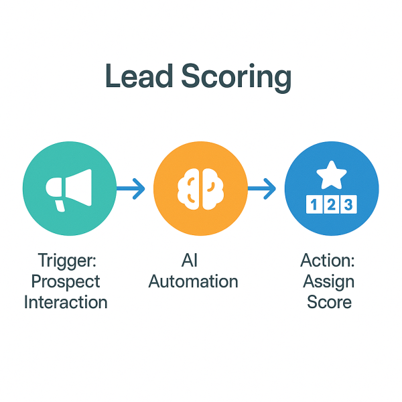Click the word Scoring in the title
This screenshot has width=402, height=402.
[238, 79]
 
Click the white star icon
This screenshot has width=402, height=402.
[332, 176]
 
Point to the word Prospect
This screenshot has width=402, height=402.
[66, 281]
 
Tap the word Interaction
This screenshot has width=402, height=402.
[66, 301]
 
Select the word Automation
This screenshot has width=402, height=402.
[194, 281]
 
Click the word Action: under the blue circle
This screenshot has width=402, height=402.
[329, 260]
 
